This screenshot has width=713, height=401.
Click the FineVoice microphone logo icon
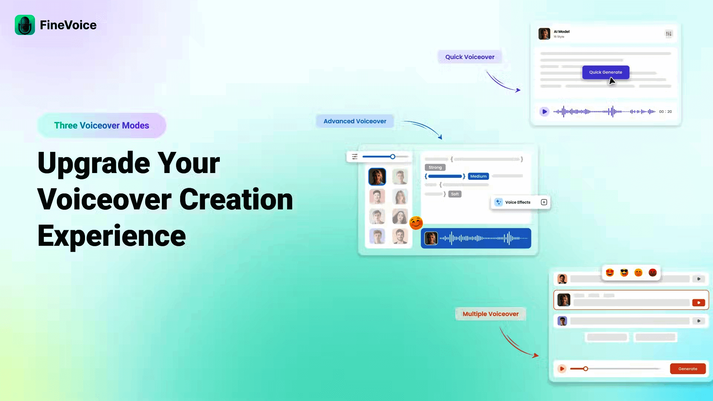click(25, 25)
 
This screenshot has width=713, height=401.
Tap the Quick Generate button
click(606, 72)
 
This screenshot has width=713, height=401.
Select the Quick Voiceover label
click(470, 57)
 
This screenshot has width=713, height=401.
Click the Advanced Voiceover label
click(355, 121)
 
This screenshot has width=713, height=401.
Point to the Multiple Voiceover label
click(491, 314)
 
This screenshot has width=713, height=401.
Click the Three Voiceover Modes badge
click(102, 125)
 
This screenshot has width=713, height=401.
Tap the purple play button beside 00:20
click(544, 111)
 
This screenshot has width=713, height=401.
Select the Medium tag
click(478, 176)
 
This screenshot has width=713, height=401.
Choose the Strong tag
click(435, 167)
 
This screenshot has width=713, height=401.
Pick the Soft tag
click(455, 194)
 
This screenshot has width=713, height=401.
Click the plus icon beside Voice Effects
click(544, 202)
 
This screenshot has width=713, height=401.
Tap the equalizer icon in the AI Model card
click(669, 34)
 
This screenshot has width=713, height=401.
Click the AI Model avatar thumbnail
click(544, 34)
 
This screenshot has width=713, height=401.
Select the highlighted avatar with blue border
click(377, 177)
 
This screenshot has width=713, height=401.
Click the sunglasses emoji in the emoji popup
click(624, 273)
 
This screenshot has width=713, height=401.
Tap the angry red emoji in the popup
click(653, 273)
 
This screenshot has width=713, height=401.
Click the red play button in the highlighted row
click(699, 303)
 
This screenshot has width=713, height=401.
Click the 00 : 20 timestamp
click(665, 111)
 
